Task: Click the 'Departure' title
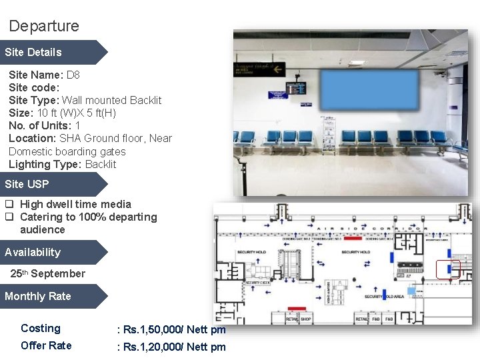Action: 44,26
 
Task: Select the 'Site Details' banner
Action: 33,52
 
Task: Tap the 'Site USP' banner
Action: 27,184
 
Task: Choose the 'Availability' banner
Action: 33,252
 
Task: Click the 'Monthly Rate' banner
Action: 38,296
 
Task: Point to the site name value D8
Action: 73,75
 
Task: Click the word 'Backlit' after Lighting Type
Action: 101,164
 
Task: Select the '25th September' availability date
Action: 48,273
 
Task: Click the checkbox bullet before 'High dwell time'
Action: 10,205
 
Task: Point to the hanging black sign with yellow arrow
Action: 259,68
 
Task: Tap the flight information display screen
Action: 296,88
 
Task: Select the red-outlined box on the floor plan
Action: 448,269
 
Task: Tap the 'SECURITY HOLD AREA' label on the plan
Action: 385,297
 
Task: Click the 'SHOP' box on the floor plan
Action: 306,319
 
